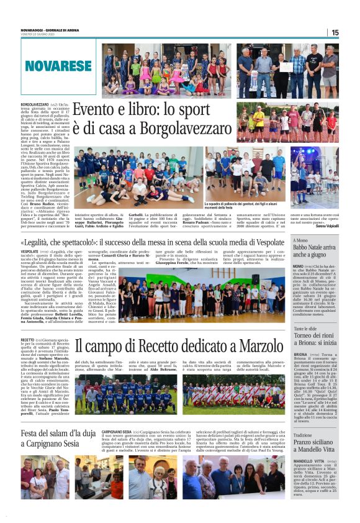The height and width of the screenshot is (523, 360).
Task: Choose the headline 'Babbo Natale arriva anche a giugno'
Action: click(315, 251)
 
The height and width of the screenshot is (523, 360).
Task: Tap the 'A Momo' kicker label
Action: click(301, 240)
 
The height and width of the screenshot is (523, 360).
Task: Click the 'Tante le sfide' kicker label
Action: click(306, 328)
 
